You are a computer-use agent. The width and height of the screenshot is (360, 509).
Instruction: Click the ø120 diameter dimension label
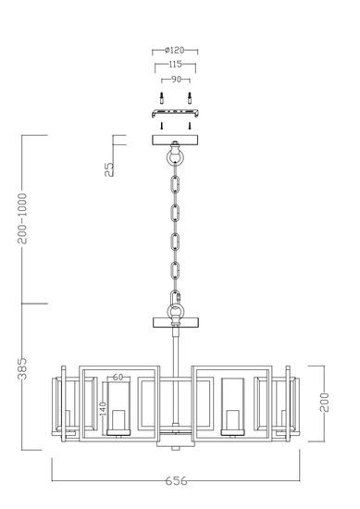click(172, 51)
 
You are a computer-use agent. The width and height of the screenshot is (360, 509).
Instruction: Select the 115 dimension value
click(172, 65)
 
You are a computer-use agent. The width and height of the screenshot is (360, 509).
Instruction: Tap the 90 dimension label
click(172, 79)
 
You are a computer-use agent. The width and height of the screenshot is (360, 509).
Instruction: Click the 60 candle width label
click(118, 377)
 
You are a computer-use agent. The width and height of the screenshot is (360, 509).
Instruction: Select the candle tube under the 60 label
click(118, 407)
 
